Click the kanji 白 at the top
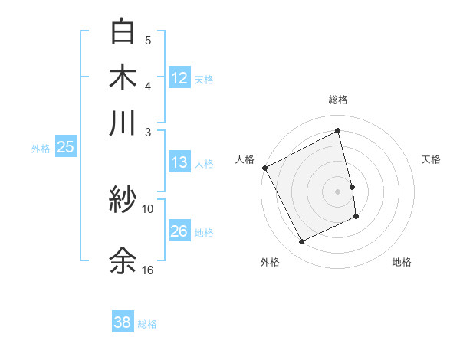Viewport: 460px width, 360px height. [123, 31]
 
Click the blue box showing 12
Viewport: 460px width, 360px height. [179, 77]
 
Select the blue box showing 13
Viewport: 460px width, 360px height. [179, 162]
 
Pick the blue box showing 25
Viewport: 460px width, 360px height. [65, 147]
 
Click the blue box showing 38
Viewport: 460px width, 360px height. [123, 322]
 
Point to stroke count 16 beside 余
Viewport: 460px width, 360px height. [148, 270]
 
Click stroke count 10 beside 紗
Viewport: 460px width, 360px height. [148, 208]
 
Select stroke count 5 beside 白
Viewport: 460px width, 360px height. [148, 39]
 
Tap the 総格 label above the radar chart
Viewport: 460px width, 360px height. [338, 100]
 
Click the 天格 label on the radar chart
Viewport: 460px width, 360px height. [432, 159]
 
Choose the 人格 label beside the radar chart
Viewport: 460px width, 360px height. [245, 159]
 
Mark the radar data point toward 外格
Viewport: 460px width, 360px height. [301, 242]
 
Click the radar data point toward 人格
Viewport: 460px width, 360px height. [264, 168]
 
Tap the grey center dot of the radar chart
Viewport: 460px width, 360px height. [338, 191]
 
